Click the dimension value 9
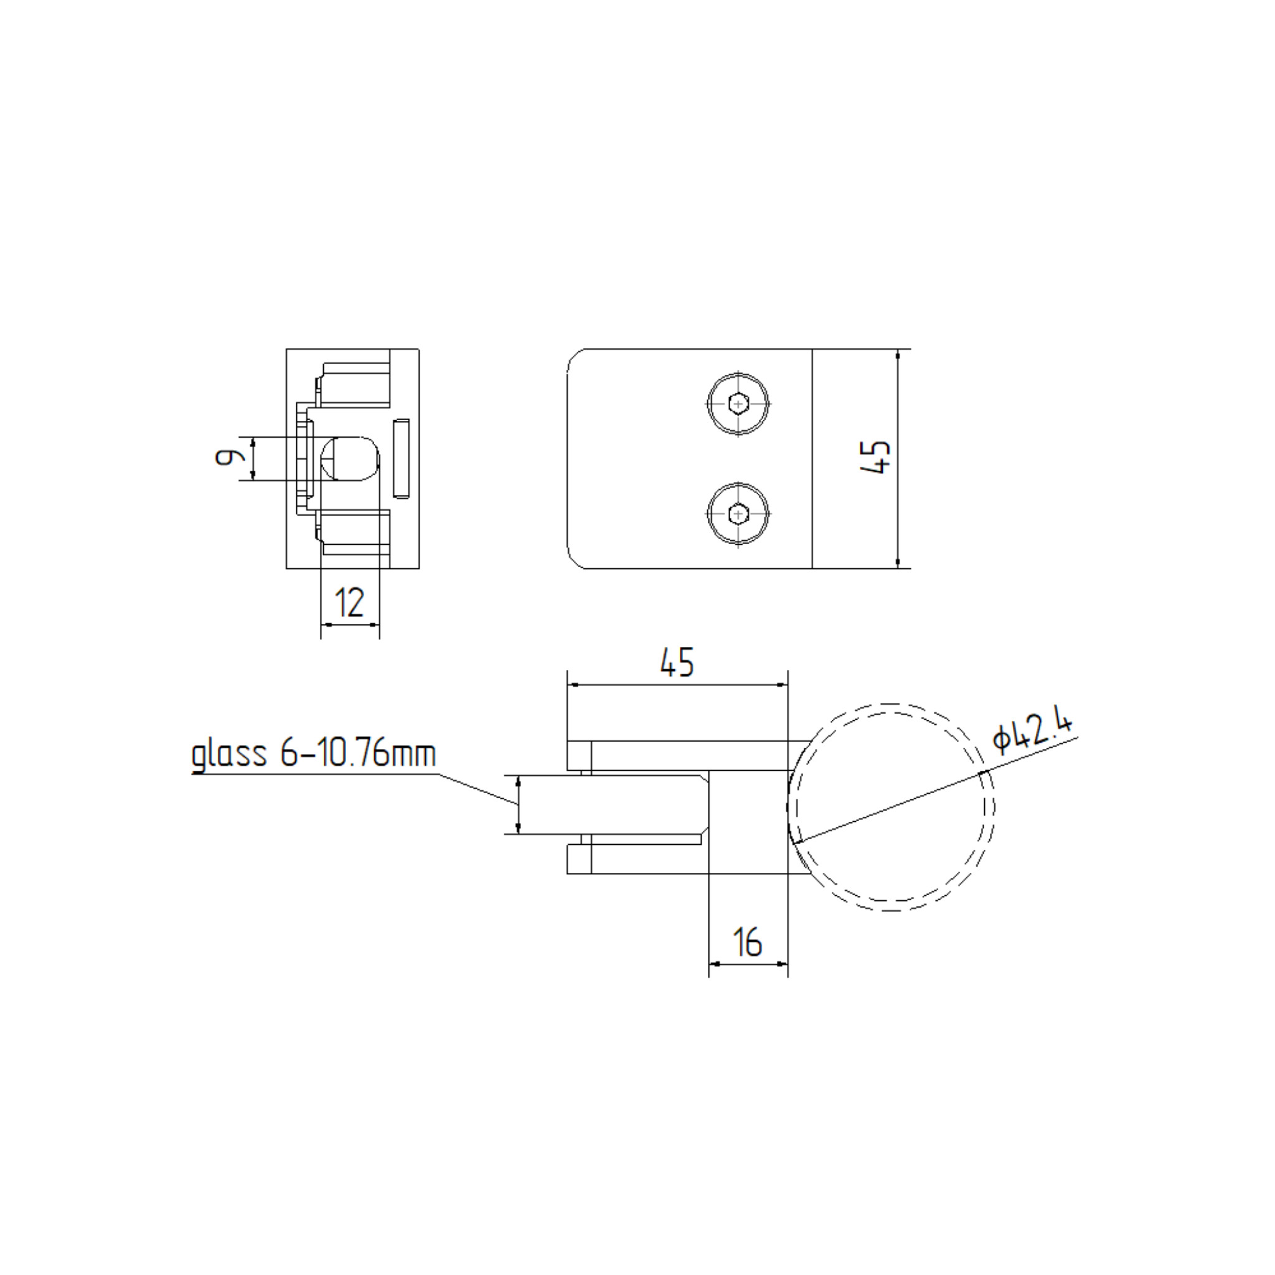[x=227, y=457]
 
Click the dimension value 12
[x=349, y=603]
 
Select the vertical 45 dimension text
[x=877, y=457]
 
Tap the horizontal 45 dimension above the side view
[x=677, y=662]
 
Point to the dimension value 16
[x=748, y=943]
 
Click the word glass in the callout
[x=229, y=756]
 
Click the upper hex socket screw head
[x=738, y=403]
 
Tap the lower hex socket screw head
[x=738, y=513]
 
